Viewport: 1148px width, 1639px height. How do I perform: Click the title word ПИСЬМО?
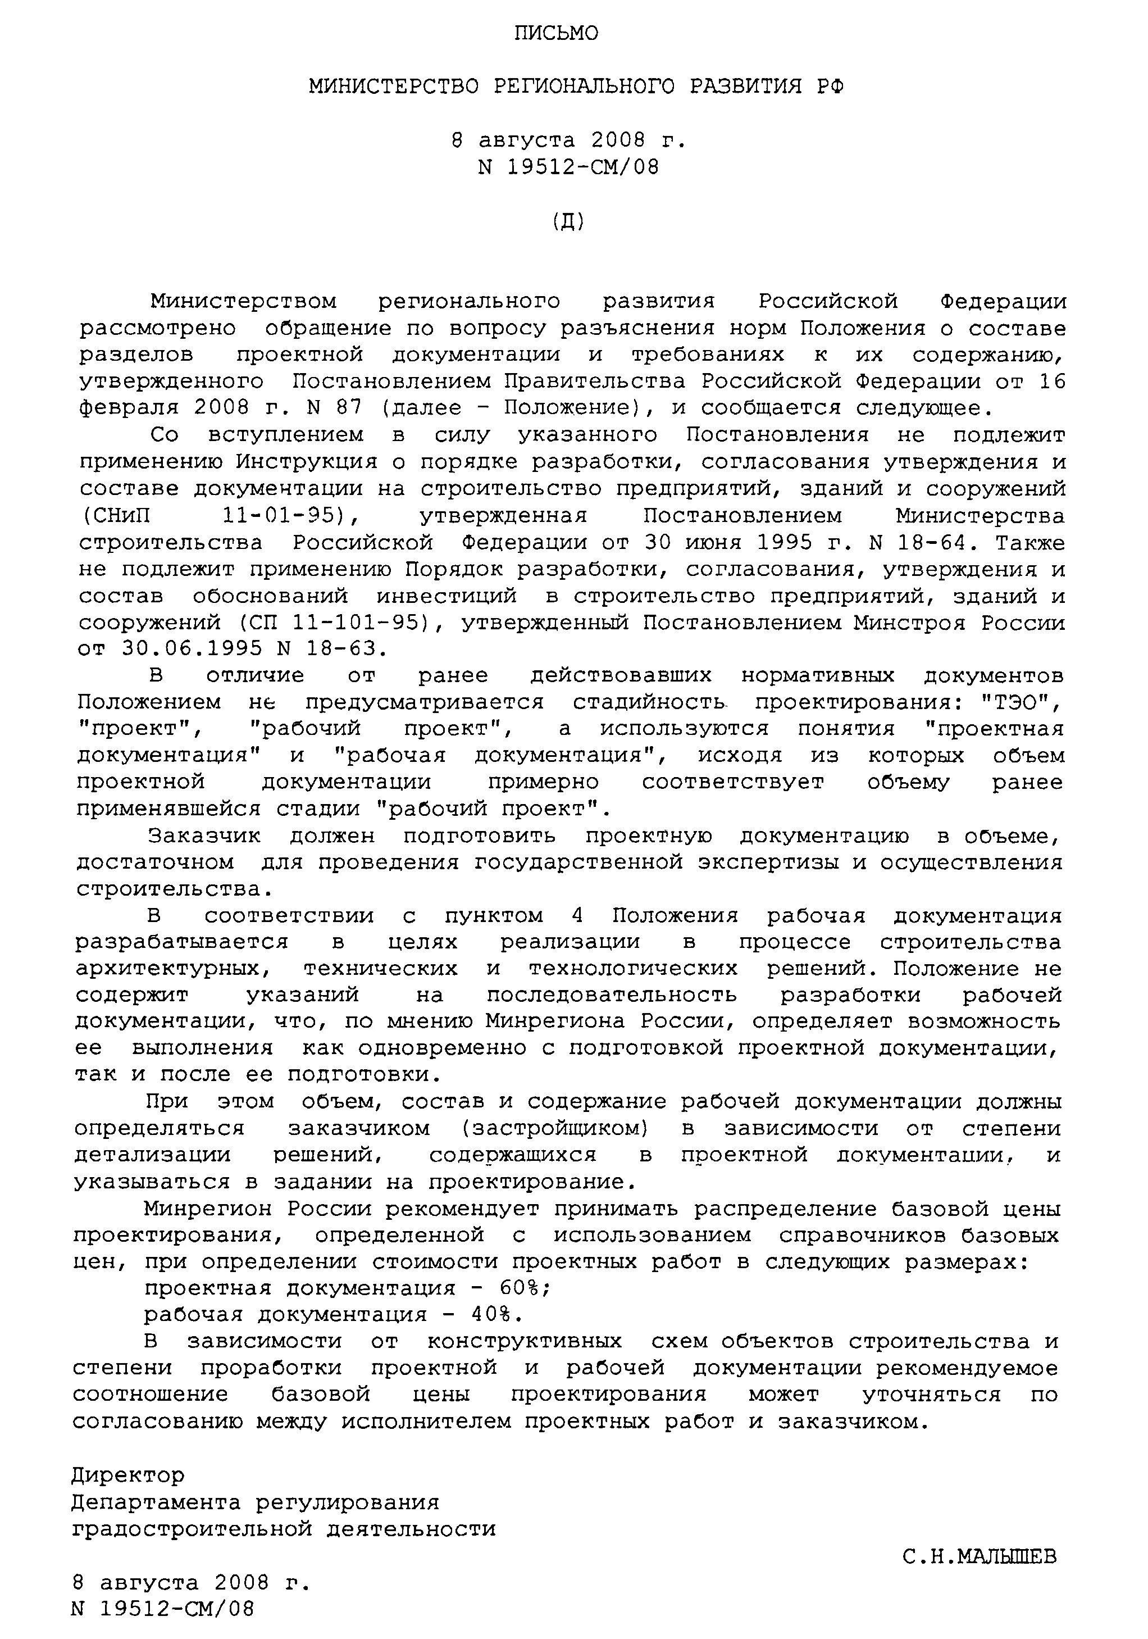point(557,34)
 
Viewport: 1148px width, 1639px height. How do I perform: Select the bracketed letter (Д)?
point(568,222)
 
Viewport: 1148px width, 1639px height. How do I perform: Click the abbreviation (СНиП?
point(114,515)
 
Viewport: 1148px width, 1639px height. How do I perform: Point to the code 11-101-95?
point(361,623)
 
